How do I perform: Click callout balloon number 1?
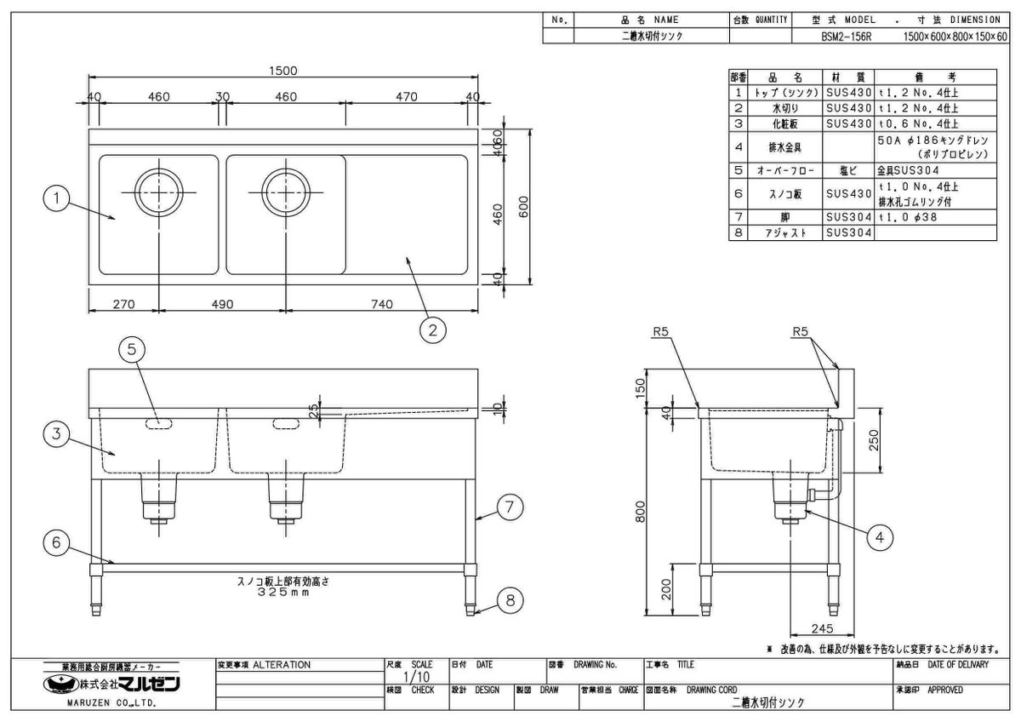pos(55,199)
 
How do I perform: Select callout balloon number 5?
pos(137,348)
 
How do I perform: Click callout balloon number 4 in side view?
pos(881,536)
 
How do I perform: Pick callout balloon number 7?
pos(508,508)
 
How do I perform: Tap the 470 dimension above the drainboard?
pos(408,98)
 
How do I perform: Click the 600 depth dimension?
pos(525,206)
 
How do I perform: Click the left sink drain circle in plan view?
pos(158,192)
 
